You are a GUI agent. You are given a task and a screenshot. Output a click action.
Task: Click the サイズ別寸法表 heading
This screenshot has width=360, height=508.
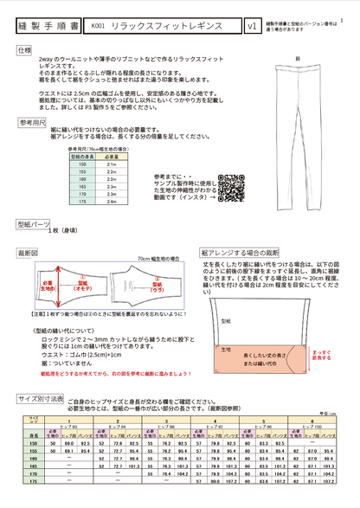(x=40, y=399)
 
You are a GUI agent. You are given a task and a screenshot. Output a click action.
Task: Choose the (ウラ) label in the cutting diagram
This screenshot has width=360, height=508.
(x=157, y=292)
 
